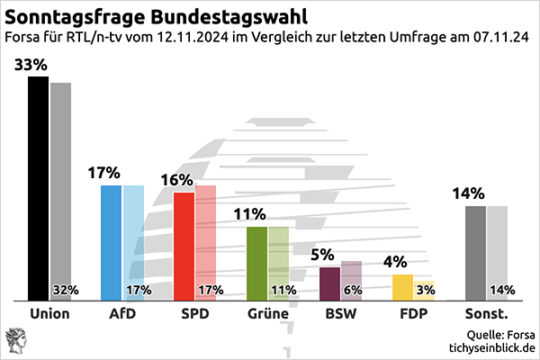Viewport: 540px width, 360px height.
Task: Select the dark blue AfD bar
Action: pos(111,242)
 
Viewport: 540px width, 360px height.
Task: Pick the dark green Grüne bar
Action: pos(256,263)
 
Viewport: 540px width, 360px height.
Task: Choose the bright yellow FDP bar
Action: pos(402,287)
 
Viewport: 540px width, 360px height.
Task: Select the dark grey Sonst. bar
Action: pos(475,252)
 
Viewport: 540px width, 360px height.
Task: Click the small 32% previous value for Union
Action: pos(66,290)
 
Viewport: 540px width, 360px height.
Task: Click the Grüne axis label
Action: pos(266,314)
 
